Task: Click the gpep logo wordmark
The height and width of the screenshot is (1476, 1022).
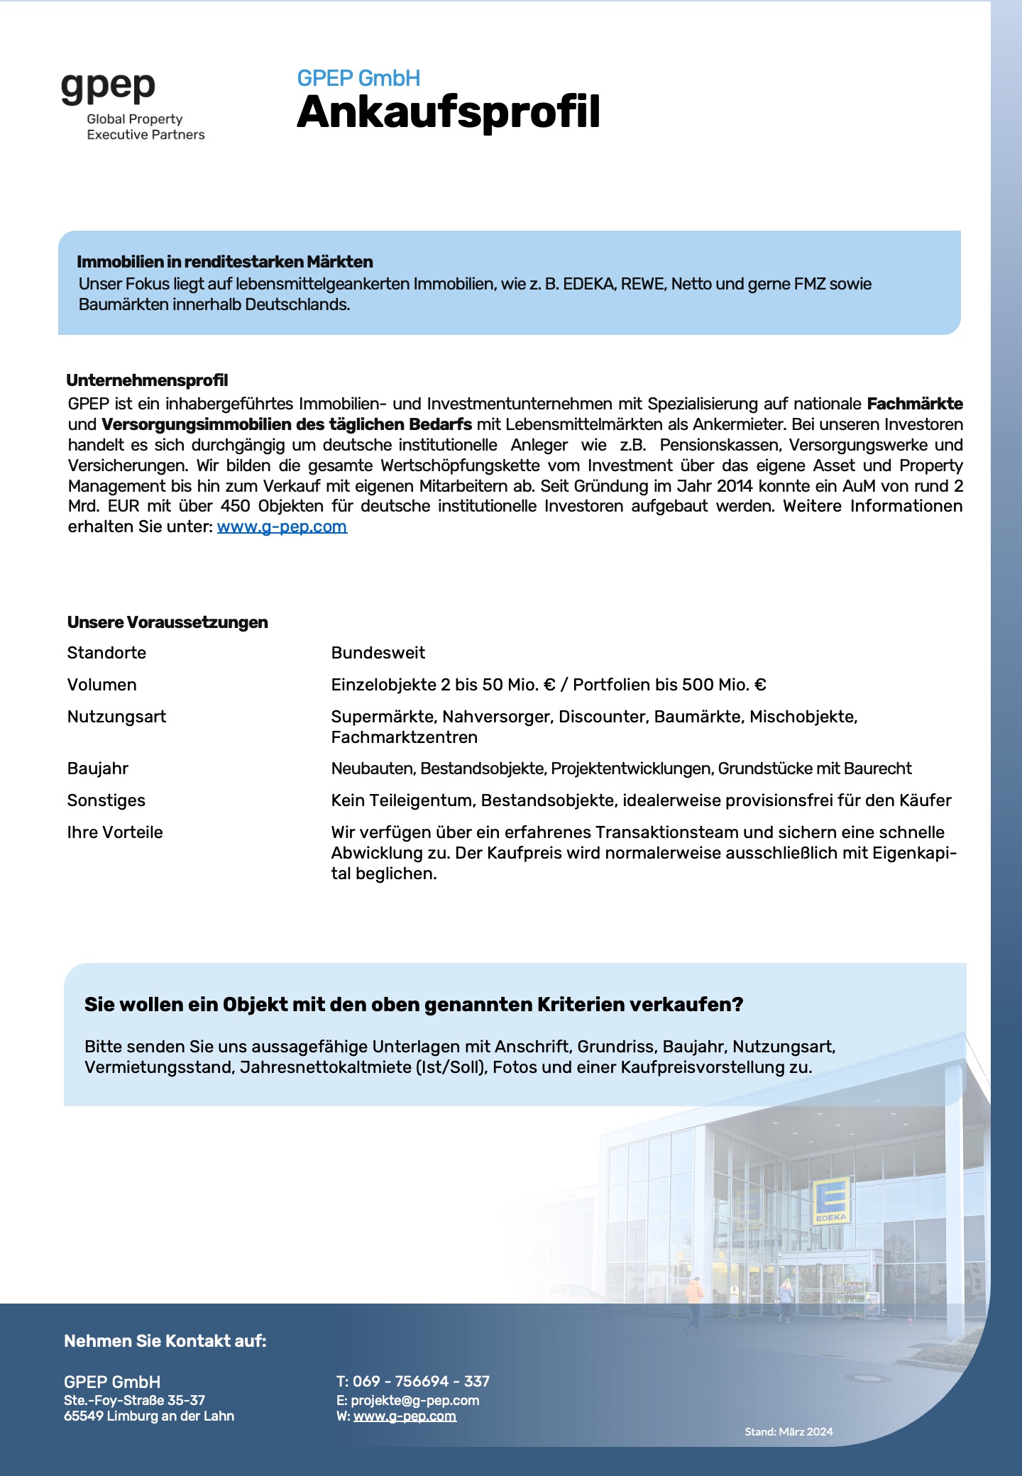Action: click(x=108, y=88)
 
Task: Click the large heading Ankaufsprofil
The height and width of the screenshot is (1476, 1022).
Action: click(x=449, y=113)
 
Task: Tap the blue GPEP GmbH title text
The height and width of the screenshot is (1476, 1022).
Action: click(x=358, y=78)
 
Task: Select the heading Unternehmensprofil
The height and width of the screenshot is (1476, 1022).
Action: click(x=147, y=380)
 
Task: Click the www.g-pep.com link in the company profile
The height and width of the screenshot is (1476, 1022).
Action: click(x=282, y=527)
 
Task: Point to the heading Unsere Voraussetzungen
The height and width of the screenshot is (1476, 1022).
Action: click(x=167, y=622)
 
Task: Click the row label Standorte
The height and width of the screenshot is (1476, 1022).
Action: click(x=106, y=653)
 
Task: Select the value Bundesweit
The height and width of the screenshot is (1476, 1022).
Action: click(x=378, y=653)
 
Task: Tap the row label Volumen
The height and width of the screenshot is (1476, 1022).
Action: click(x=101, y=685)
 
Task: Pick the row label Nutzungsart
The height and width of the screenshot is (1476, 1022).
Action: click(x=116, y=717)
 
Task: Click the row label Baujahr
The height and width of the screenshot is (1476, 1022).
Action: click(x=98, y=769)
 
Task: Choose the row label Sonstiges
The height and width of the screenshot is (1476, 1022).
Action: click(x=106, y=800)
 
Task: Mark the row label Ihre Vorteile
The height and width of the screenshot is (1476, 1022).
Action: click(x=115, y=832)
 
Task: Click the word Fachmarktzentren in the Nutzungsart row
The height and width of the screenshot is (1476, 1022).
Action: click(x=404, y=737)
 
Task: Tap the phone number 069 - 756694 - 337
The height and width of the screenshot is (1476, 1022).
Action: click(x=421, y=1381)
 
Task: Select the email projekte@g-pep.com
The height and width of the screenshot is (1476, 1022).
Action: click(x=414, y=1400)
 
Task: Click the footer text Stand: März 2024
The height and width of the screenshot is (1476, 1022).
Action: click(x=789, y=1432)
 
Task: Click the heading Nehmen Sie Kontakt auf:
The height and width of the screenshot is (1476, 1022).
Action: click(x=165, y=1340)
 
